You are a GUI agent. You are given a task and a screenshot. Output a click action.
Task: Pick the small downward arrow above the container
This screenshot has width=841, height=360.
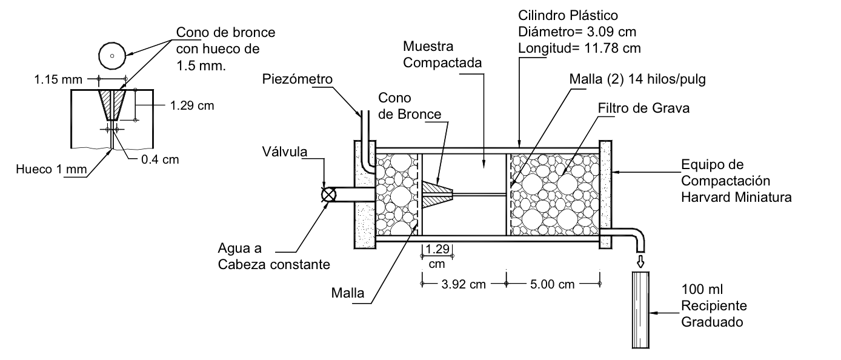(x=640, y=261)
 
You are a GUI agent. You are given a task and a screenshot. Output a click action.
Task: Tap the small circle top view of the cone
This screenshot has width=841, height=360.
(x=111, y=56)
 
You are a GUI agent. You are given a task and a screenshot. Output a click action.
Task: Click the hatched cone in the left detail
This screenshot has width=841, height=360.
(x=112, y=104)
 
